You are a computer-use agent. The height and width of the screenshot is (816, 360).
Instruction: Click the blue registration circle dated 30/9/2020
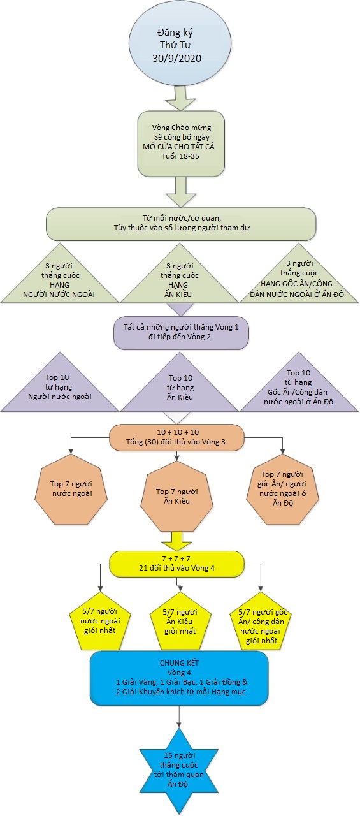180,44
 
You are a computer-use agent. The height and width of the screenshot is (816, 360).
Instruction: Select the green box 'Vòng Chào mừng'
181,144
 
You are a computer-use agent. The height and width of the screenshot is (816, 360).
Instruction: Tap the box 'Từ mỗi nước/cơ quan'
181,224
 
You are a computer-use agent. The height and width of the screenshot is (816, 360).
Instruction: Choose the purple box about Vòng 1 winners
181,333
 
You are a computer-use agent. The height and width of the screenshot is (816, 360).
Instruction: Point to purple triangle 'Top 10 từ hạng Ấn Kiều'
180,388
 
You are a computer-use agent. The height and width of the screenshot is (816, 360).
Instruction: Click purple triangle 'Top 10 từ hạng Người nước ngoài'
59,388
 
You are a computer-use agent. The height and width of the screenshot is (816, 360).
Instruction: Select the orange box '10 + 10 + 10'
177,437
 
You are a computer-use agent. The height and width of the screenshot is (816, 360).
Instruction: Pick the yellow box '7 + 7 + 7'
177,564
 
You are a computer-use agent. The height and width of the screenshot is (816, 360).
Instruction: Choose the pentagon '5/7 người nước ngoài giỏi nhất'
100,622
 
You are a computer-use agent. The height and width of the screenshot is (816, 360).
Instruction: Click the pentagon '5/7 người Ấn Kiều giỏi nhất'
180,622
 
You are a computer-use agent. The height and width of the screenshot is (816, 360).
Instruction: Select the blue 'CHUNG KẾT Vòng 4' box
180,678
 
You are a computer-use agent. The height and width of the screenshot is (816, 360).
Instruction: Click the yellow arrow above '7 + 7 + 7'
177,541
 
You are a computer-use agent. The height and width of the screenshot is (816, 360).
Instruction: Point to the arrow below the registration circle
180,98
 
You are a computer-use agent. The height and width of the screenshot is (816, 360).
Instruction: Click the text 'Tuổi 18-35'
180,156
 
